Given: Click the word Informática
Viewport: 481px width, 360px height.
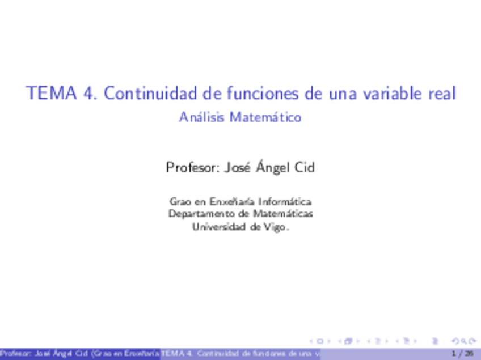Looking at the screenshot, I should point(285,201).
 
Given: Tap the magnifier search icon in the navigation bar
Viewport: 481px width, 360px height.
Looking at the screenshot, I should point(455,341).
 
